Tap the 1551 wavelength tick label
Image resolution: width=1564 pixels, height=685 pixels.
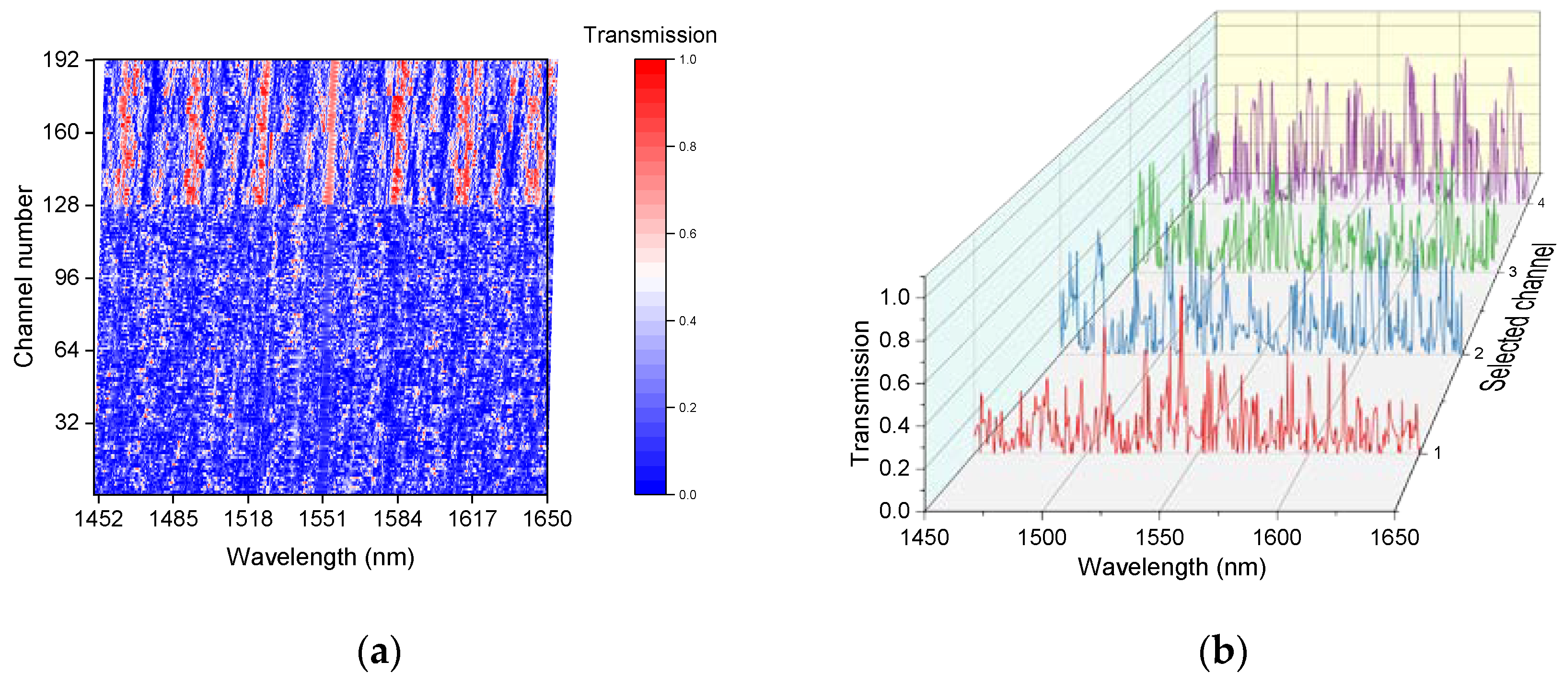(323, 519)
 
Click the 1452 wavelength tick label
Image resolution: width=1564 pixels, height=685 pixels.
(98, 519)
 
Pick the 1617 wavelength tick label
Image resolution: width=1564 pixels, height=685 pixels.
(472, 519)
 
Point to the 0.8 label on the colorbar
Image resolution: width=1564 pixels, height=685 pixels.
(687, 147)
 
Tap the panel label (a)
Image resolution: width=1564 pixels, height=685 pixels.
(380, 652)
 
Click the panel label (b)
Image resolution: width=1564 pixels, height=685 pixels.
(1223, 652)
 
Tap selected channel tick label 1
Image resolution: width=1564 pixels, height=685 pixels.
(1437, 453)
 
